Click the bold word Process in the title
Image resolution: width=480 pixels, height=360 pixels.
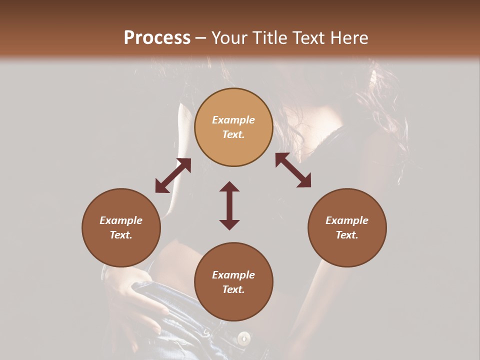click(x=157, y=38)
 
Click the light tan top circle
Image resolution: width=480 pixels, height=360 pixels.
click(x=233, y=127)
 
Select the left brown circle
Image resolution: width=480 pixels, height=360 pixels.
click(x=121, y=227)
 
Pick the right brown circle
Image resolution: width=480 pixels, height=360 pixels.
click(x=347, y=227)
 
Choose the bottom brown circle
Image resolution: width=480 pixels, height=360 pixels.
click(x=233, y=282)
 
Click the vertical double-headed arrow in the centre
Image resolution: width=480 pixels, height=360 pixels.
click(x=229, y=205)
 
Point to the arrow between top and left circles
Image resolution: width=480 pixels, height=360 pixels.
click(x=172, y=175)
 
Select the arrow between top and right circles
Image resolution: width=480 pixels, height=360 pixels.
click(x=293, y=170)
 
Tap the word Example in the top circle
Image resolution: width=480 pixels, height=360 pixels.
click(x=233, y=120)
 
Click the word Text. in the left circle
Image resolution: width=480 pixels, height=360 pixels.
click(x=121, y=235)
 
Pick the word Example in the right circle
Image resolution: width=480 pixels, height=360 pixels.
click(x=347, y=220)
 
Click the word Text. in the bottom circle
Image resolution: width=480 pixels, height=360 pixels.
click(x=233, y=289)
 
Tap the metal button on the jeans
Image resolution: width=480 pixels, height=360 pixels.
click(x=244, y=338)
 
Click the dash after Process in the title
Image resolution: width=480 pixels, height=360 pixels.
click(x=201, y=38)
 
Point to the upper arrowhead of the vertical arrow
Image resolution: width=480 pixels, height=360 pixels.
click(x=229, y=188)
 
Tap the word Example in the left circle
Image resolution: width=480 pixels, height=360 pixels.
click(x=121, y=220)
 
